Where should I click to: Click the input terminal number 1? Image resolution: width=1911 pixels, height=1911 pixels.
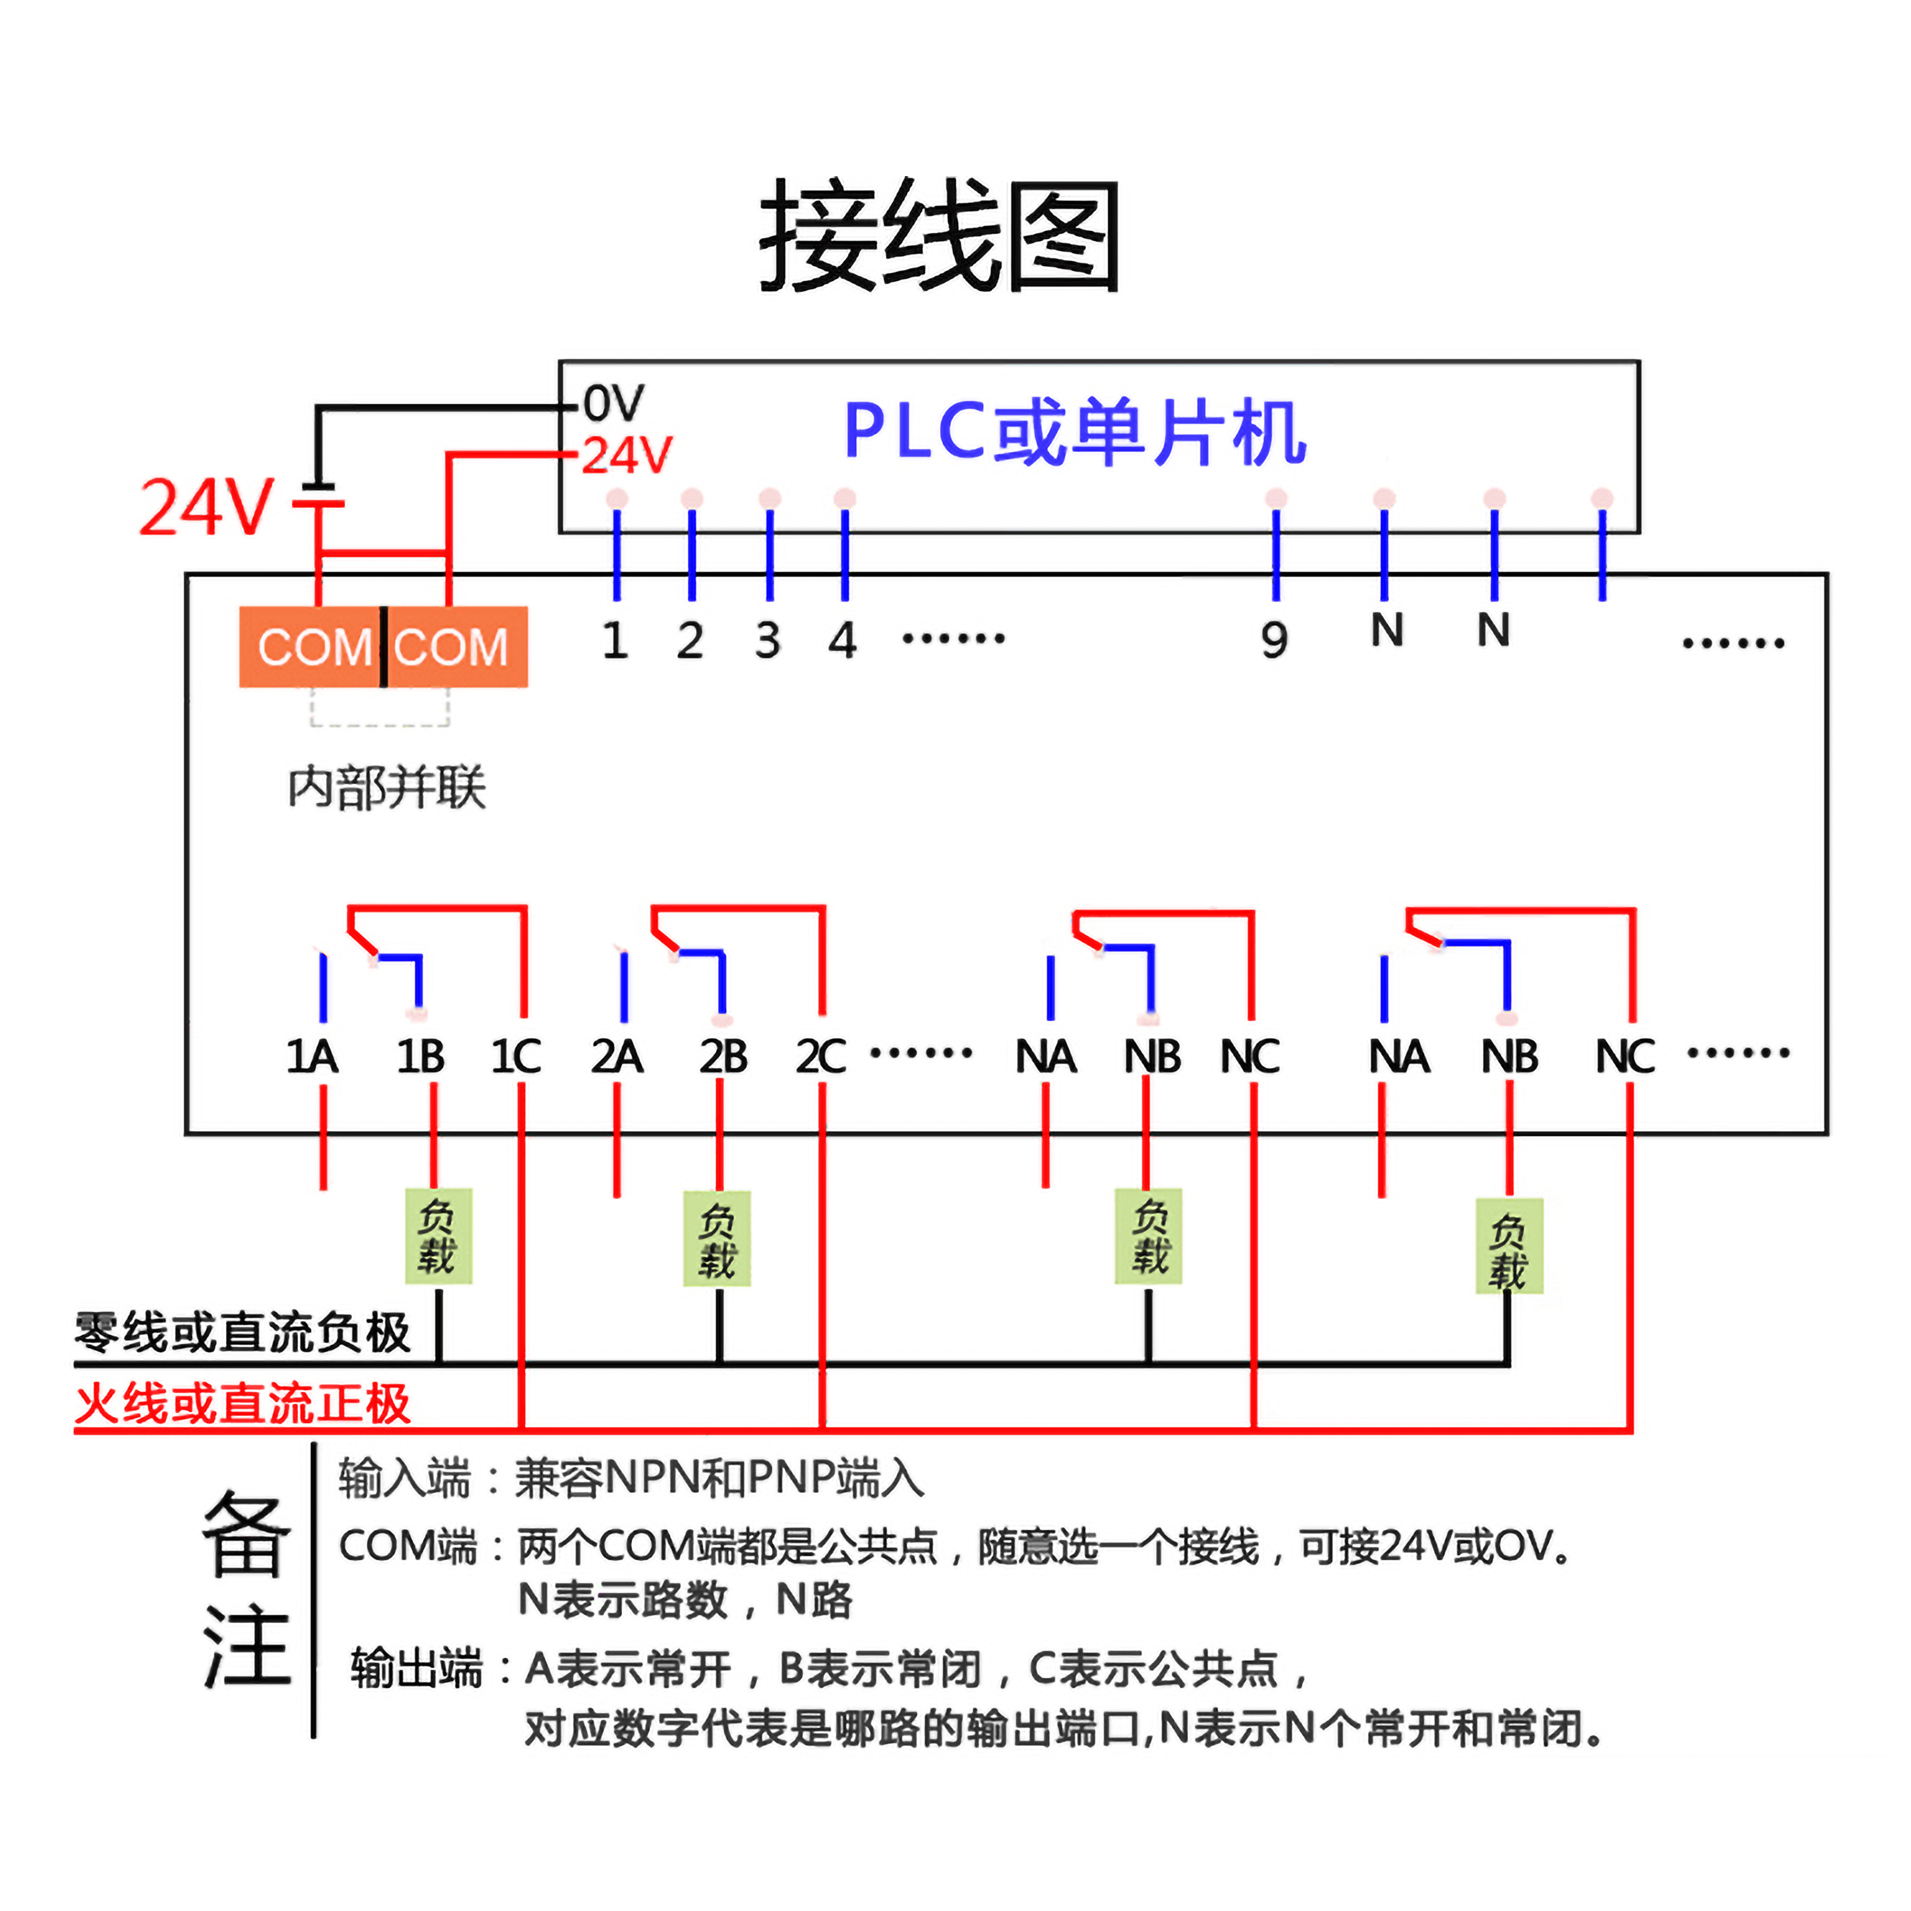pos(615,641)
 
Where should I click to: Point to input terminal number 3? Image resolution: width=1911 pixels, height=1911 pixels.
pos(768,641)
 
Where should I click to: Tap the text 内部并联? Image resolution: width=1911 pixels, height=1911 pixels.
pos(387,788)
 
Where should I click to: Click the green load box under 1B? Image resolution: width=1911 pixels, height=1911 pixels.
pos(438,1237)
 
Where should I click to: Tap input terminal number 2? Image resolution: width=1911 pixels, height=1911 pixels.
pos(690,641)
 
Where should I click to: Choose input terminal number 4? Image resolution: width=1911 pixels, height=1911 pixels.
pos(843,641)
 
